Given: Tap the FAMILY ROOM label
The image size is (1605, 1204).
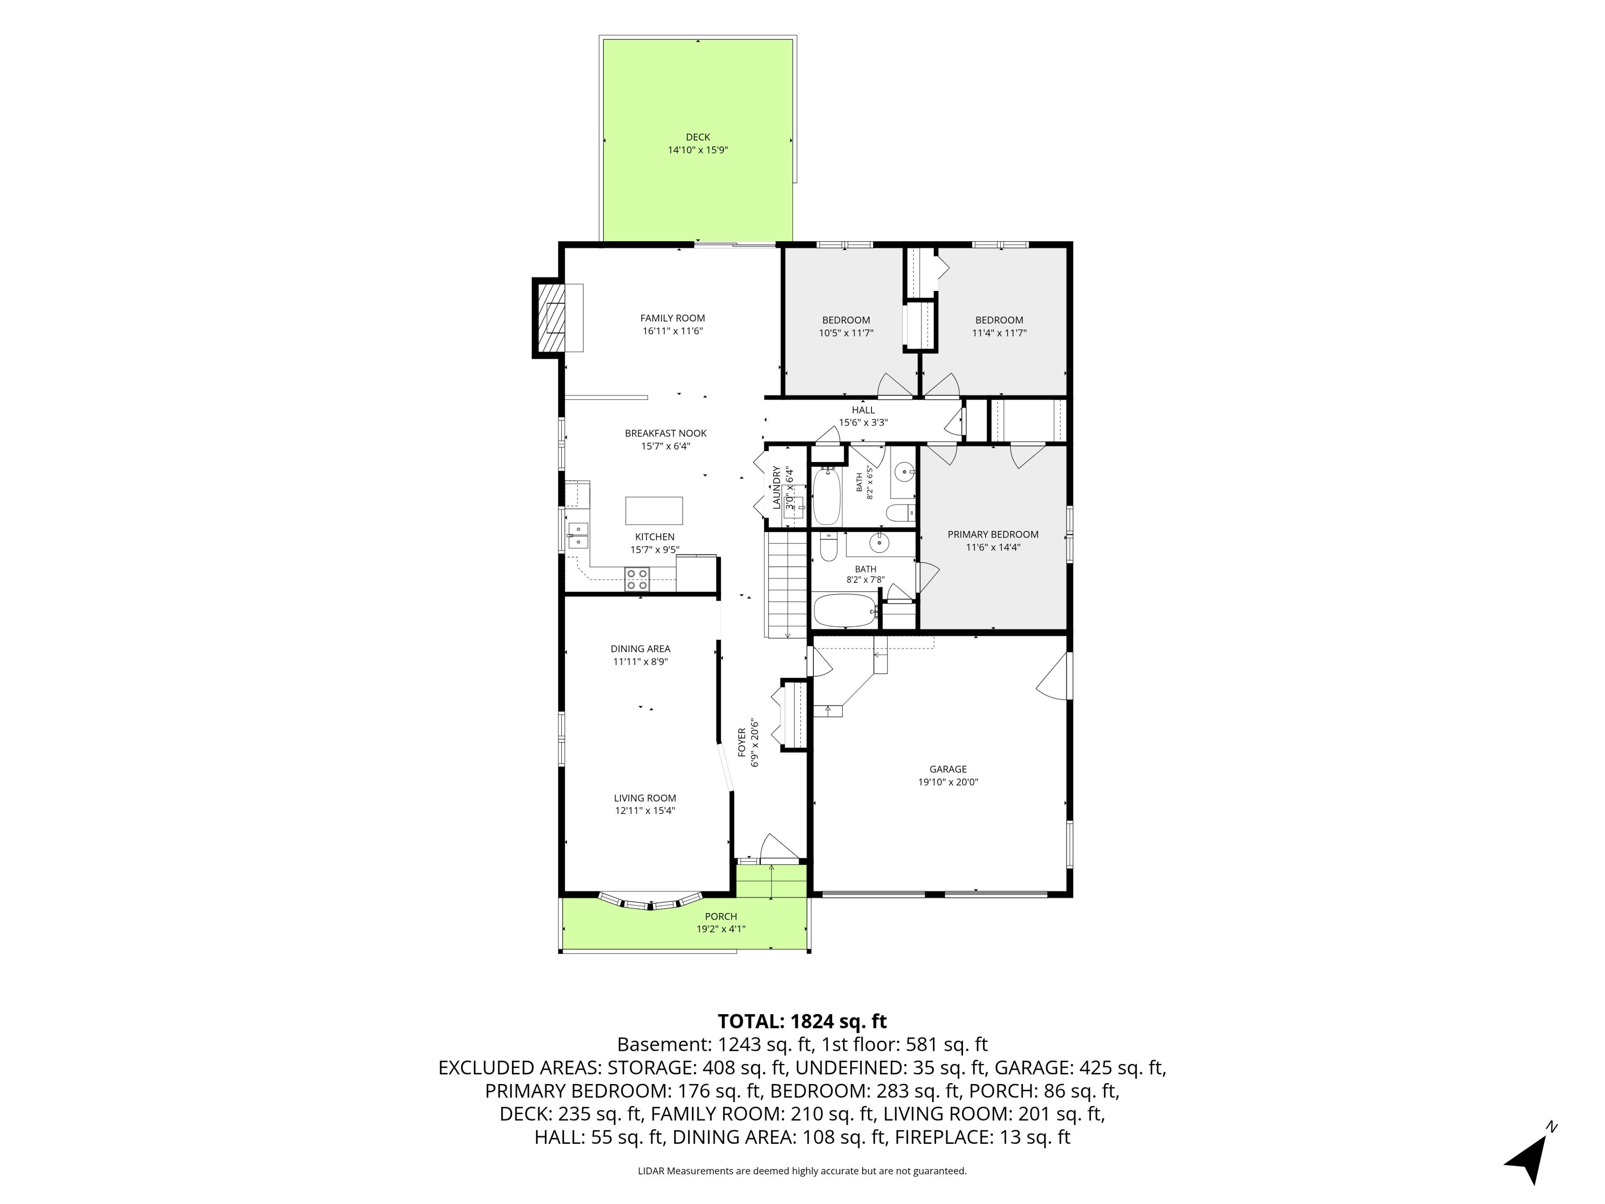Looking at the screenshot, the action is click(x=673, y=318).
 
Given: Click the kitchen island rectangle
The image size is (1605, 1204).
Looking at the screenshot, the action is click(x=654, y=510).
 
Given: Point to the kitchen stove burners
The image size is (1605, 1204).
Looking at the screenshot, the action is click(x=637, y=579).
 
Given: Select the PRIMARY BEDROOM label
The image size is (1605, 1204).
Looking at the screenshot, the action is click(x=993, y=534).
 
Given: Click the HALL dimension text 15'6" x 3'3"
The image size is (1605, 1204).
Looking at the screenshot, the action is click(x=864, y=422).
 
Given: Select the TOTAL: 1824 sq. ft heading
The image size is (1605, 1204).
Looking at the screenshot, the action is click(x=802, y=1021).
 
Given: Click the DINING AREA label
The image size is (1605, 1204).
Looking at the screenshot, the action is click(x=640, y=649).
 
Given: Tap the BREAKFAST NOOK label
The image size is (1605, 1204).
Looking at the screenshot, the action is click(x=665, y=433).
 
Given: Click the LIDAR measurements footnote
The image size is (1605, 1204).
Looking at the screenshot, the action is click(x=802, y=1171).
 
